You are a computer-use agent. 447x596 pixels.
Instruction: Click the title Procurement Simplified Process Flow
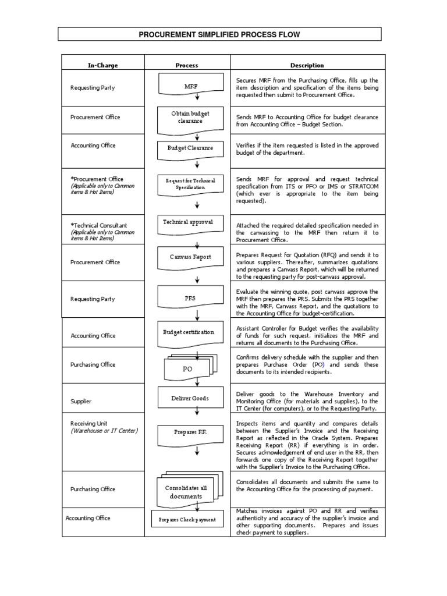pos(219,35)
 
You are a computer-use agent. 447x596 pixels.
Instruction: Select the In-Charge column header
pos(102,65)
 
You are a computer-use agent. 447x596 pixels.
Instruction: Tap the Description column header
pos(307,65)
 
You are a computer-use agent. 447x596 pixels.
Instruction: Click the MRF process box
pos(191,86)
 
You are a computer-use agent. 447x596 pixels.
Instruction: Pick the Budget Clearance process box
pos(190,148)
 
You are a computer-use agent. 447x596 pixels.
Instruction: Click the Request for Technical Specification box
pos(190,184)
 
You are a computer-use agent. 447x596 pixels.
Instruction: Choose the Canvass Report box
pos(190,257)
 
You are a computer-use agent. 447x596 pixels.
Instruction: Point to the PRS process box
pos(190,298)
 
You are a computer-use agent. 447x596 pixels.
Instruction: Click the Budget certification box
pos(188,333)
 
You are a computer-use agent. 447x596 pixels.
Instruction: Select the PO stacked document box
pos(188,368)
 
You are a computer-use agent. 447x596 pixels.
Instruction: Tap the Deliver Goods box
pos(190,398)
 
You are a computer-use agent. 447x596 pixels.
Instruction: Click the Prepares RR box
pos(190,432)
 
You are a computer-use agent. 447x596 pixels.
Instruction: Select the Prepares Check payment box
pos(187,519)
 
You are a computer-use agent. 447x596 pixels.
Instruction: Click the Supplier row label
pos(81,402)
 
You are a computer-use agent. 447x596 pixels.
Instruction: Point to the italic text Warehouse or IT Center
pos(104,431)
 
